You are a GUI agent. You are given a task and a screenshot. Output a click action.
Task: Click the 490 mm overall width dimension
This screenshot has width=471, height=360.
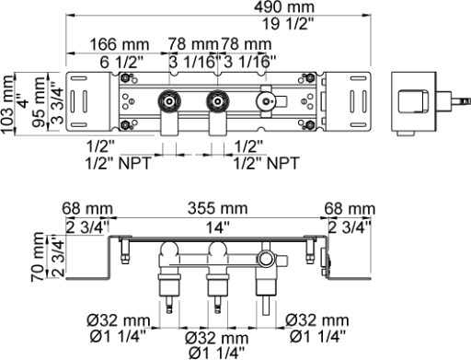(284, 6)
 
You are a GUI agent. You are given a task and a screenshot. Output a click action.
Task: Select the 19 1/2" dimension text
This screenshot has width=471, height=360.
(289, 24)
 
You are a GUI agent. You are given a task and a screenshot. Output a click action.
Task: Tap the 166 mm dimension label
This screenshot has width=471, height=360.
(120, 44)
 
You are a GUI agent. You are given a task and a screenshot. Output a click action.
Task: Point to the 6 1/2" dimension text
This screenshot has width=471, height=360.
(121, 63)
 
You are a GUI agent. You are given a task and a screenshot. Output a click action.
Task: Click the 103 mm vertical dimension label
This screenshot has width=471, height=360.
(7, 103)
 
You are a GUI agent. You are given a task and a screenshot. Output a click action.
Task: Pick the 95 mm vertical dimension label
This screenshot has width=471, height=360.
(39, 102)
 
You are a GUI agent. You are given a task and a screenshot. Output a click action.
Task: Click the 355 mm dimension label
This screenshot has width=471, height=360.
(218, 208)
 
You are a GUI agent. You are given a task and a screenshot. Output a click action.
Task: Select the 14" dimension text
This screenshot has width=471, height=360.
(218, 227)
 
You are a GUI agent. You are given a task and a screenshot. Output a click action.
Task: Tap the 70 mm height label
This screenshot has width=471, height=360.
(38, 257)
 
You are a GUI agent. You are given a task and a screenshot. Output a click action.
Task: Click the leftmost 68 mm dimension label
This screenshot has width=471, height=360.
(87, 209)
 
